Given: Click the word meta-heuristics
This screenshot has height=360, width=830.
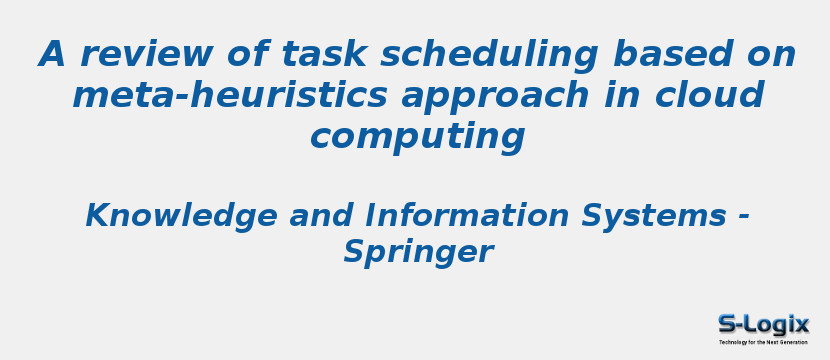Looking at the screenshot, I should click(x=230, y=96).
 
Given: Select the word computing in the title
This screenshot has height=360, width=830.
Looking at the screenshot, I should click(x=417, y=138).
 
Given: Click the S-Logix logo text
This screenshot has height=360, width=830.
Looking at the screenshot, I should click(x=763, y=325).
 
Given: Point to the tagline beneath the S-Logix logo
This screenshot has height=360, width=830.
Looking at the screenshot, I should click(x=763, y=342).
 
